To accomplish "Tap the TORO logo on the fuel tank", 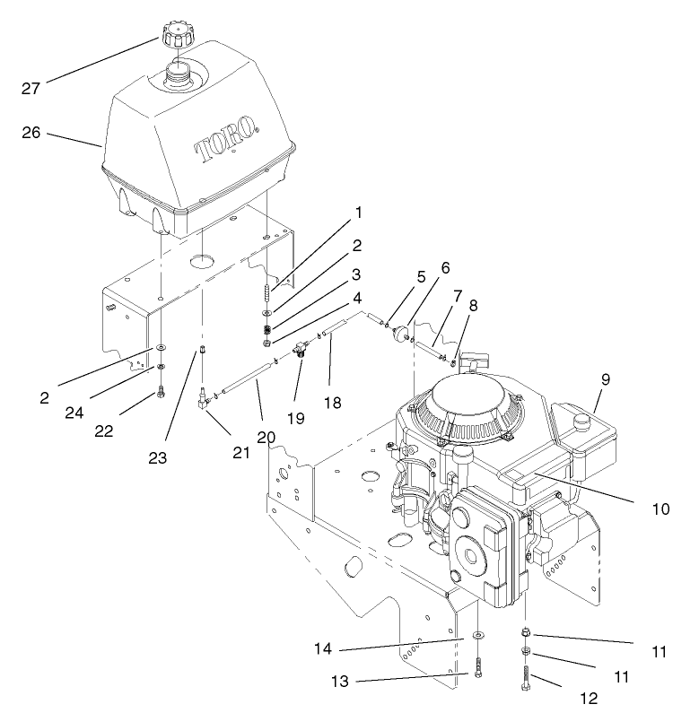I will coord(224,139).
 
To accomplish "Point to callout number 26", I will coord(32,133).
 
